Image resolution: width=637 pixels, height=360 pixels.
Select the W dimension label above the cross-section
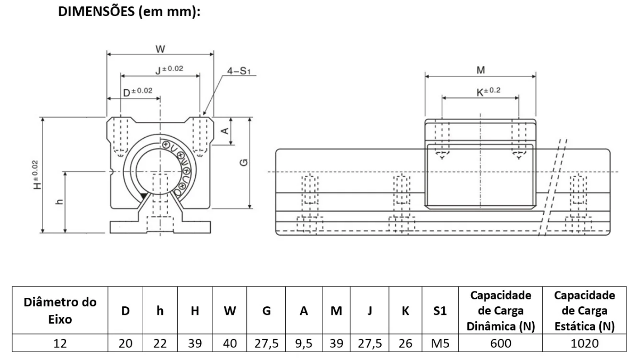160,49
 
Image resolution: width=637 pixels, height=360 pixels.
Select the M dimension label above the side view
481,71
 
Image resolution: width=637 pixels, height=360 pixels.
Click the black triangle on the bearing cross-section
143,197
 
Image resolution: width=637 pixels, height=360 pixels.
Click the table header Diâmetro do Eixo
61,311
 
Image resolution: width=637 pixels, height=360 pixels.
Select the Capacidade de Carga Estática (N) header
584,311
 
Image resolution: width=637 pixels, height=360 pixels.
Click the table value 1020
584,344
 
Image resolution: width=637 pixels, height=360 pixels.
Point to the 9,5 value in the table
303,344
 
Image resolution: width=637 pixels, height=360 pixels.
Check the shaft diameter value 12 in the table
61,344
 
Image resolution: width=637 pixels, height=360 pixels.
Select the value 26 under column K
405,344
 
